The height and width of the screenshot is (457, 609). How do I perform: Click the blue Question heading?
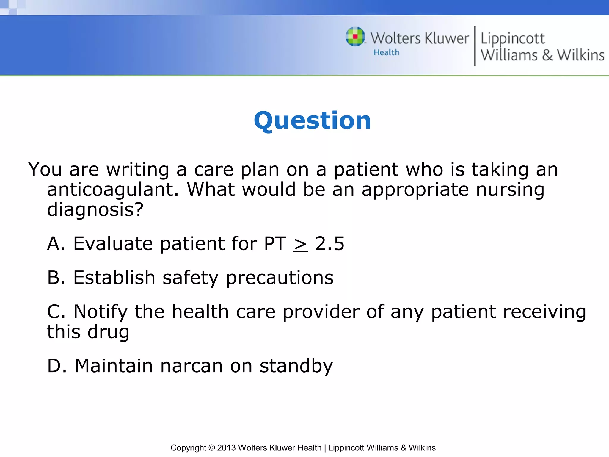[312, 120]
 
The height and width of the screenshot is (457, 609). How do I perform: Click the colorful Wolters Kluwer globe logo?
[355, 37]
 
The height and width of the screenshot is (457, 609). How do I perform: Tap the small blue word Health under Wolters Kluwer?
[386, 52]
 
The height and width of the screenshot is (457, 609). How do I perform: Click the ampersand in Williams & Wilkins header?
[547, 55]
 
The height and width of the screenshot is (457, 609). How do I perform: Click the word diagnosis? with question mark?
[95, 210]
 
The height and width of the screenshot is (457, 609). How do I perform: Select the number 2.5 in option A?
[329, 244]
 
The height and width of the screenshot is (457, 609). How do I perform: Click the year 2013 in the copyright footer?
[226, 448]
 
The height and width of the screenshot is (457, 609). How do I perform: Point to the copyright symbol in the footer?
[211, 448]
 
